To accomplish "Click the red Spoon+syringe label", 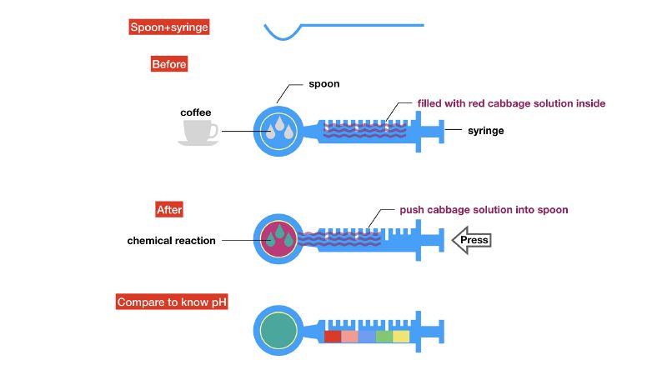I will pyautogui.click(x=168, y=27).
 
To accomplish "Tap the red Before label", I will pyautogui.click(x=169, y=64).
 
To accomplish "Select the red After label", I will pyautogui.click(x=169, y=210).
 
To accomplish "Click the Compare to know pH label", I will pyautogui.click(x=173, y=302).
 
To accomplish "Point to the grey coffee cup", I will pyautogui.click(x=198, y=132).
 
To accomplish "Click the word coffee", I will pyautogui.click(x=196, y=112).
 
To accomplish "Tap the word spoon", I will pyautogui.click(x=324, y=84).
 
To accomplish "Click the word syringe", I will pyautogui.click(x=485, y=131).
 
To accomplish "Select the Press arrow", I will pyautogui.click(x=471, y=241).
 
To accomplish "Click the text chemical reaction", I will pyautogui.click(x=171, y=241).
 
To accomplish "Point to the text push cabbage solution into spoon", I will pyautogui.click(x=484, y=210).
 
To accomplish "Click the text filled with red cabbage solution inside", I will pyautogui.click(x=511, y=104).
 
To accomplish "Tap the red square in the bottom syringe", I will pyautogui.click(x=333, y=337).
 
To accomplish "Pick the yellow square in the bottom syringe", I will pyautogui.click(x=401, y=337).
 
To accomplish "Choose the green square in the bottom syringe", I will pyautogui.click(x=384, y=337).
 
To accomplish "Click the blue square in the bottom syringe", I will pyautogui.click(x=367, y=337).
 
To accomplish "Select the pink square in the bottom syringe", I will pyautogui.click(x=349, y=337).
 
